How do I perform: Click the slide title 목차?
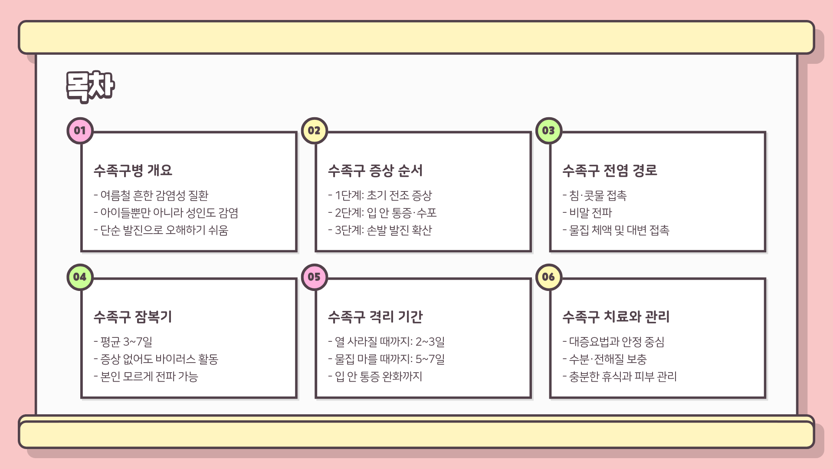point(90,86)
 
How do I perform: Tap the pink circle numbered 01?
point(80,131)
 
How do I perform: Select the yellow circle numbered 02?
point(314,131)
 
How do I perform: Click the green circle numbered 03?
point(548,131)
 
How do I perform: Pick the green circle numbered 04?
point(80,277)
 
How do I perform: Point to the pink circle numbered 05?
point(314,277)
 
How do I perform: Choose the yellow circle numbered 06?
point(548,277)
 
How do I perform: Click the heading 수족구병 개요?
point(133,170)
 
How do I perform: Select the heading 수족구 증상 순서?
point(375,170)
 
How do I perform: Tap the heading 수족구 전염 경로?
point(610,170)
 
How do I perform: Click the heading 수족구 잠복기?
point(133,317)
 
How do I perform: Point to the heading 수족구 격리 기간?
point(375,317)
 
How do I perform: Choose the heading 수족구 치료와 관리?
point(616,317)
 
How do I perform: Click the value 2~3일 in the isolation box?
point(430,342)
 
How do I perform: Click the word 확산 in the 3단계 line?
point(422,230)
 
